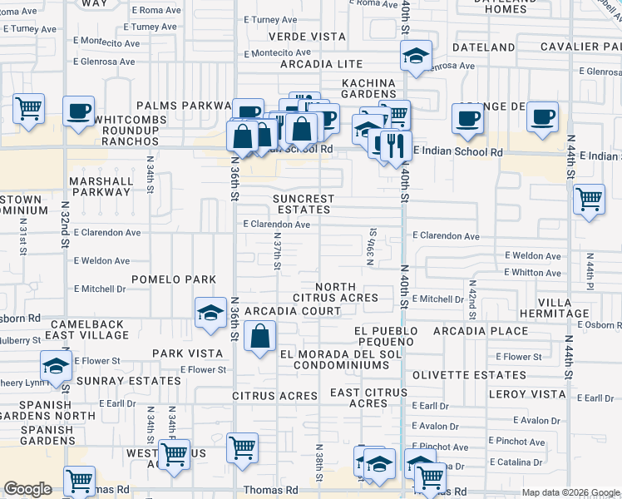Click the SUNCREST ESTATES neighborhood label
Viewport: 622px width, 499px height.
coord(304,205)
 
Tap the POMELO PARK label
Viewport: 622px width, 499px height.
coord(173,279)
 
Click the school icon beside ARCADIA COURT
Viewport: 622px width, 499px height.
coord(211,314)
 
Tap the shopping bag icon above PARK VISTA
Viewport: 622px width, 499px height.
coord(260,337)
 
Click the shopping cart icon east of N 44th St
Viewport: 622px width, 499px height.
coord(589,200)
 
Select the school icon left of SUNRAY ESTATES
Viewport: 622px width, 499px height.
coord(56,366)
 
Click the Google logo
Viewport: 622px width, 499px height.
coord(27,489)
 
